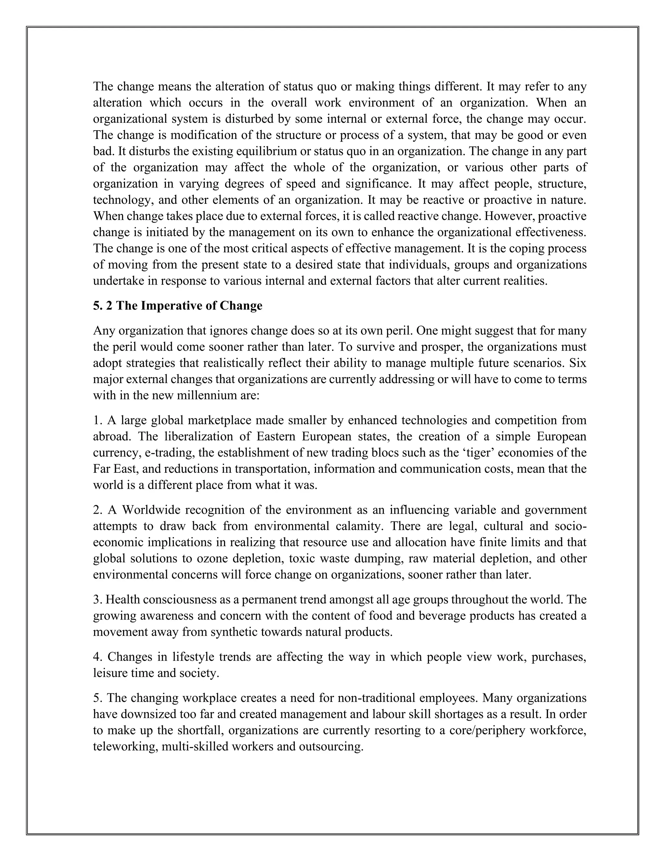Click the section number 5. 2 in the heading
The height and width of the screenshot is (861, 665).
(x=103, y=306)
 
